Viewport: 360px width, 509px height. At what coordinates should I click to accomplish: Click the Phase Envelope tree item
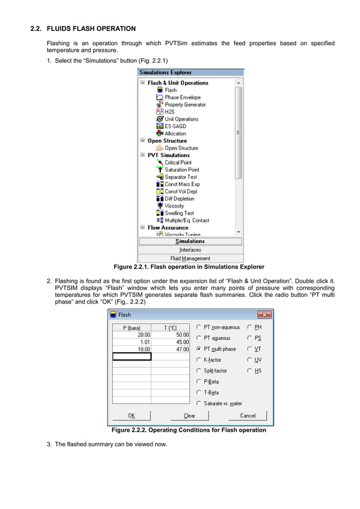(182, 98)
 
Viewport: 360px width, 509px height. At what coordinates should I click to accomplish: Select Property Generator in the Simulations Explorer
(185, 105)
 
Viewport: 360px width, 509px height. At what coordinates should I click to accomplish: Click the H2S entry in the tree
(169, 112)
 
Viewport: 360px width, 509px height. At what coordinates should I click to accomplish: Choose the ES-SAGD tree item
(175, 126)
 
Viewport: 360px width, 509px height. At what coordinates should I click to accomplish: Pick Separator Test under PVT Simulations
(181, 177)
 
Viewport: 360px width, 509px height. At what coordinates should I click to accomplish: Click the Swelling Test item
(179, 213)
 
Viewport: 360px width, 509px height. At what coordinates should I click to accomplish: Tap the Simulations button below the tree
(190, 242)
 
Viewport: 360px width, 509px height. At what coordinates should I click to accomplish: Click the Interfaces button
(190, 250)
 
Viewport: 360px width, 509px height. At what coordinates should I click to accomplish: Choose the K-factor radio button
(199, 360)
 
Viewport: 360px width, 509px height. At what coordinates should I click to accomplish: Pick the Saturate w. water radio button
(199, 403)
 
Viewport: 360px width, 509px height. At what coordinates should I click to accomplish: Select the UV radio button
(249, 360)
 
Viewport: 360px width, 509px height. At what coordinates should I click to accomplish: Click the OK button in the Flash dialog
(131, 416)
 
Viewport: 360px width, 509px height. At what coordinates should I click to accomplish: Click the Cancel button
(248, 416)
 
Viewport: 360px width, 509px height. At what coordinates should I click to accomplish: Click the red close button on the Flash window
(265, 315)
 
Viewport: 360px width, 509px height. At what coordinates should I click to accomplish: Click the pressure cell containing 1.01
(132, 342)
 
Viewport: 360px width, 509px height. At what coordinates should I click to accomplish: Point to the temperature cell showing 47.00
(170, 349)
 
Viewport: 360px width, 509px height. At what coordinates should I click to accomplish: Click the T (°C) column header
(170, 327)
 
